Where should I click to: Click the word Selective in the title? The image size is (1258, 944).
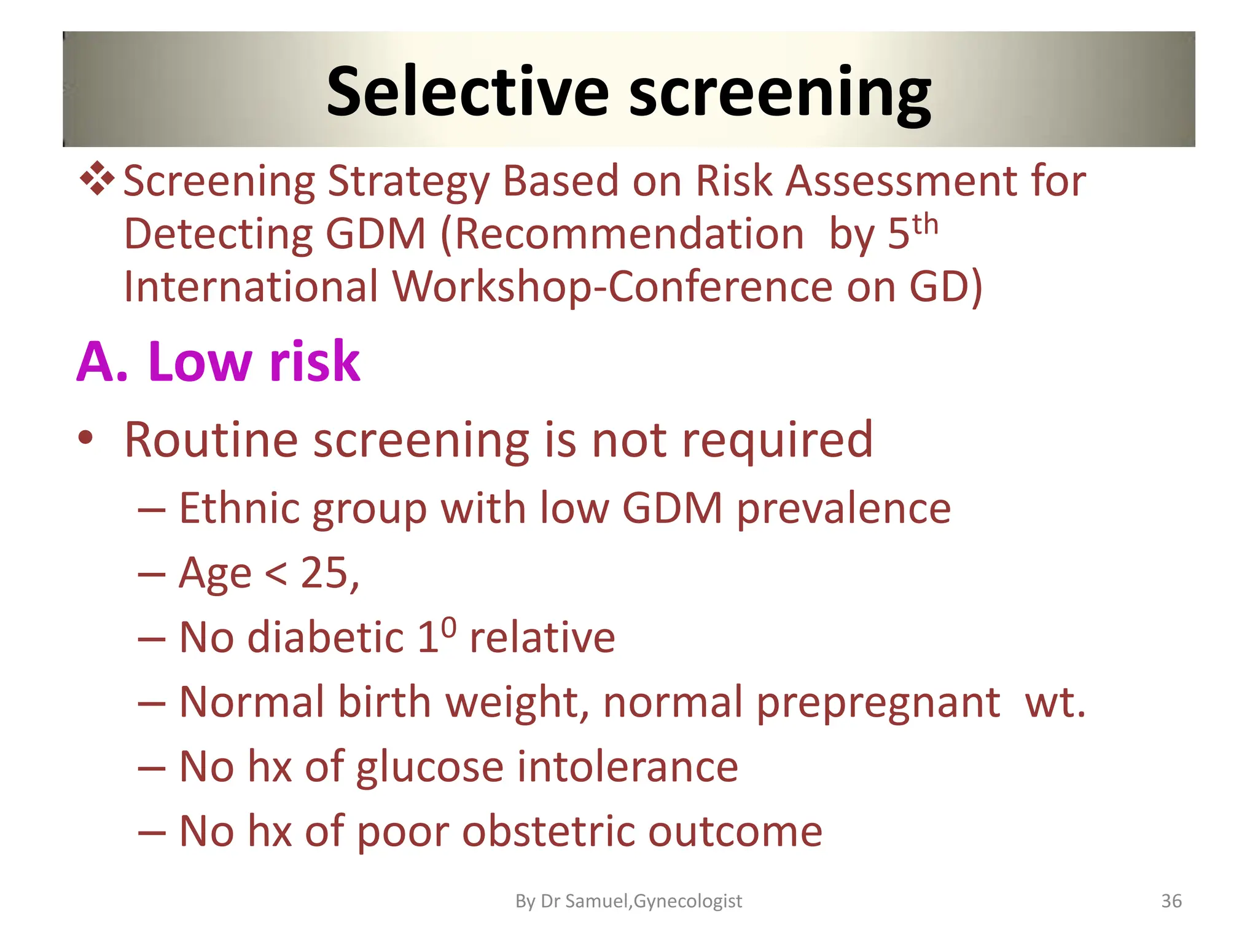click(467, 92)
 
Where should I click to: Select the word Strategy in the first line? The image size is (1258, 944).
click(408, 183)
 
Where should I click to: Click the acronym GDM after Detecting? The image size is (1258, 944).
click(375, 234)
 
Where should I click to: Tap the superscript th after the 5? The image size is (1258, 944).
click(925, 225)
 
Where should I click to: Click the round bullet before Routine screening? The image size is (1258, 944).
click(85, 439)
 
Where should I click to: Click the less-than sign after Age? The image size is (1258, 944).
click(276, 574)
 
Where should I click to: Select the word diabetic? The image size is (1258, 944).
click(325, 637)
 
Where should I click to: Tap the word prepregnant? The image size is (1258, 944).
click(878, 702)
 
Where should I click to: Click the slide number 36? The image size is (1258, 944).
click(1171, 901)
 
